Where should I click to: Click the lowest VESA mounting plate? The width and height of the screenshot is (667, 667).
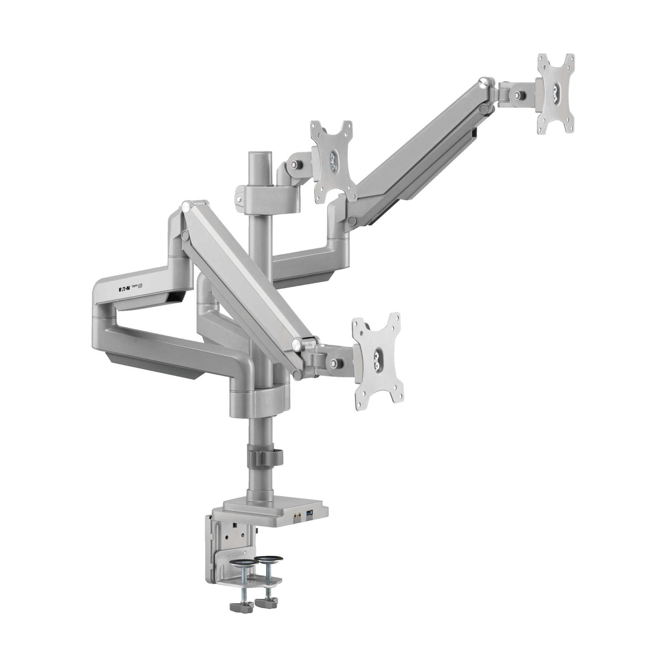378,361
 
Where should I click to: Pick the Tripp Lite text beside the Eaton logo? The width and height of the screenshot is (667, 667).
137,287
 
